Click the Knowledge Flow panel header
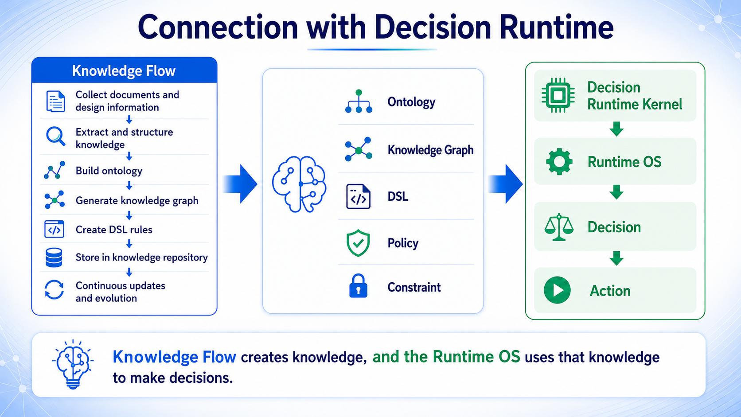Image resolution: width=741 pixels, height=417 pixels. pos(124,70)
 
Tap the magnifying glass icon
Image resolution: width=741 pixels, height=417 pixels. pos(55,136)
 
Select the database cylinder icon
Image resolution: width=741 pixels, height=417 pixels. pos(54,257)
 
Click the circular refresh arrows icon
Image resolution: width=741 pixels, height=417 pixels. pos(54,290)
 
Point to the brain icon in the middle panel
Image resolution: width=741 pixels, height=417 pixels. pos(299,184)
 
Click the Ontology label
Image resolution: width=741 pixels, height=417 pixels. pos(411,102)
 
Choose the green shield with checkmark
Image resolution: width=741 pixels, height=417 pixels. pos(358,243)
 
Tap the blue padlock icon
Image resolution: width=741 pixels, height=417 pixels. pos(358,286)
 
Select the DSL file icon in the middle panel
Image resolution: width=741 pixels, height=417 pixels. pos(358,196)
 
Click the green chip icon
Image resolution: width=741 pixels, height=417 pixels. pos(558,95)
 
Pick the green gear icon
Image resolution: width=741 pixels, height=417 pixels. pos(559,161)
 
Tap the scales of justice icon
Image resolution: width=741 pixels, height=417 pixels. pos(559,227)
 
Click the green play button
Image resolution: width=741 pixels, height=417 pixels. pos(557,290)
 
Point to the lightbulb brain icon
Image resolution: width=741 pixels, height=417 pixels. pos(73,364)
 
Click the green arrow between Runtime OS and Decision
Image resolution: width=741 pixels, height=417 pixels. pos(616,192)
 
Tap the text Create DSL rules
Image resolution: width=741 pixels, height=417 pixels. pos(114,230)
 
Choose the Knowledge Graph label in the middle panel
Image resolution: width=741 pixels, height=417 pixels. pos(430,150)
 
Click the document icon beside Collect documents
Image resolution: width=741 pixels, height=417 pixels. pos(55,101)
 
